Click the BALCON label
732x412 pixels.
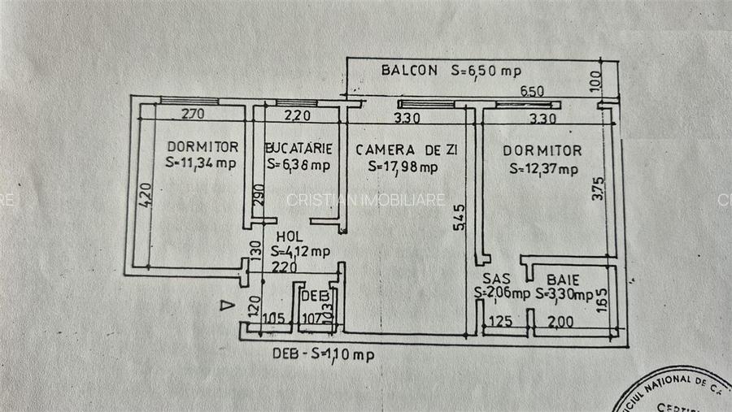click(x=409, y=70)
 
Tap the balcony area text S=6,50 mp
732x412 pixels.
click(x=486, y=71)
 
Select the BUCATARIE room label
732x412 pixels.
click(x=298, y=148)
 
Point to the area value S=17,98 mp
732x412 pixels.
click(x=403, y=167)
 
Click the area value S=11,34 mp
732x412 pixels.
click(x=201, y=163)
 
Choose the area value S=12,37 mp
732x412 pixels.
click(x=543, y=169)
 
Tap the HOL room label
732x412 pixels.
click(x=289, y=236)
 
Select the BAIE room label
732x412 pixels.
click(x=562, y=277)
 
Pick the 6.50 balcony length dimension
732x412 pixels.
click(x=532, y=91)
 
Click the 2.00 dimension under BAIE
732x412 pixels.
click(x=561, y=322)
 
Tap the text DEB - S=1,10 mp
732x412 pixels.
click(x=324, y=353)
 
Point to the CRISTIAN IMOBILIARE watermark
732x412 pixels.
click(x=365, y=199)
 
